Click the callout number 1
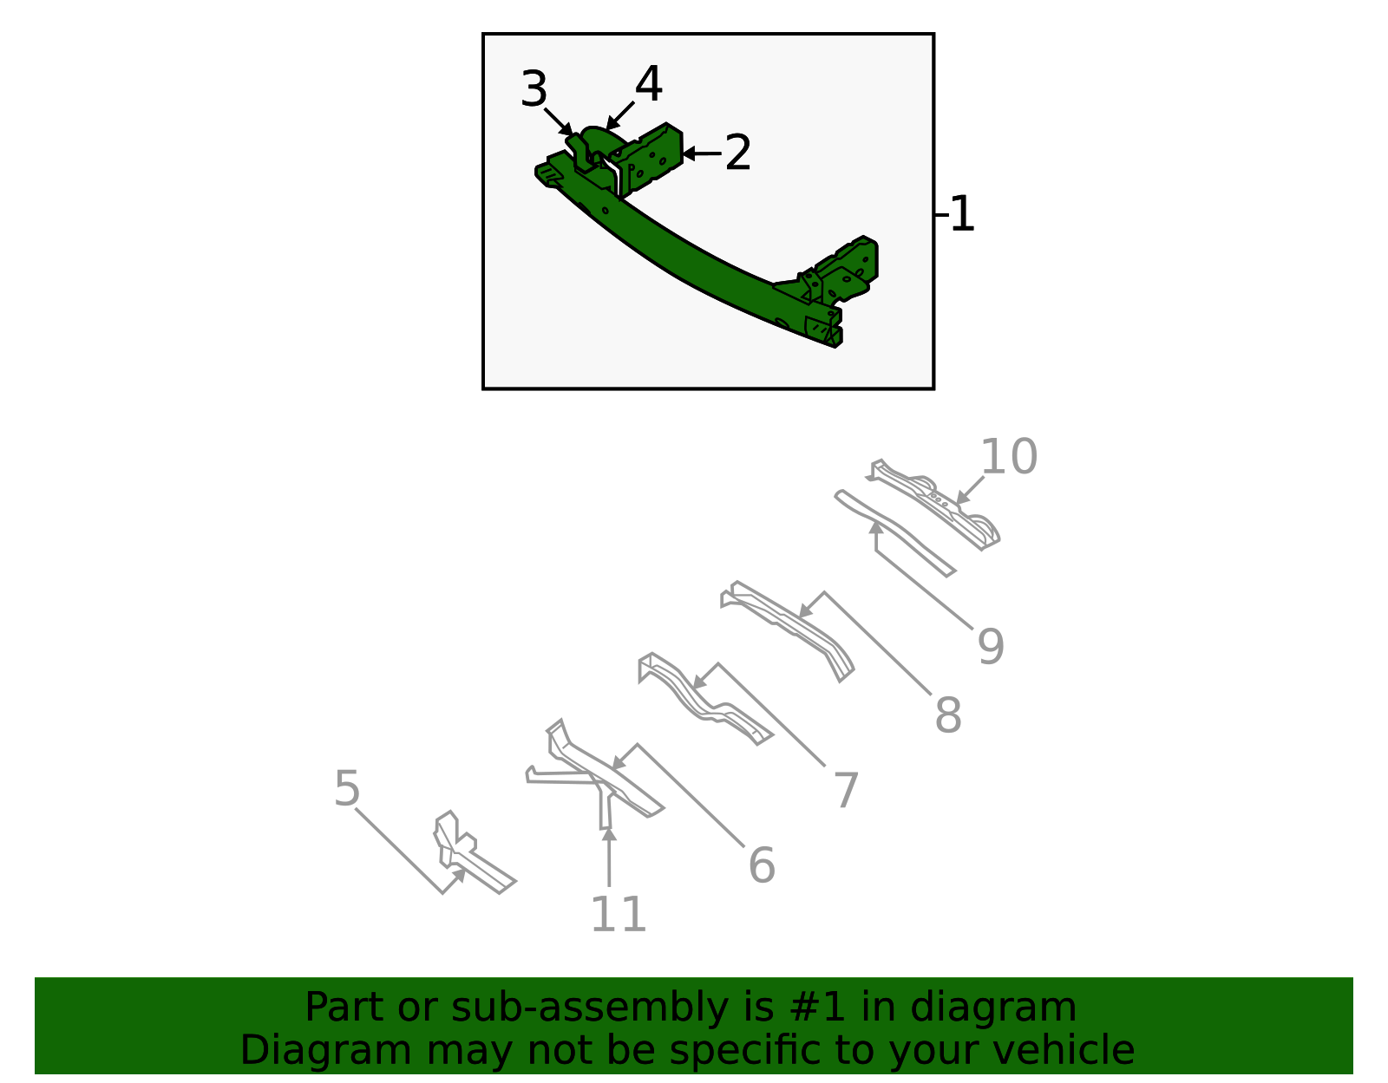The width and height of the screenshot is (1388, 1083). (x=963, y=214)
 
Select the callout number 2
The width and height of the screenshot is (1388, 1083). (x=737, y=153)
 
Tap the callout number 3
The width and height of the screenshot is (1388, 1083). (x=534, y=88)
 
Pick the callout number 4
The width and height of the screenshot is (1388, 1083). (x=648, y=83)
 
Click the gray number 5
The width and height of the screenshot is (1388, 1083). (x=347, y=789)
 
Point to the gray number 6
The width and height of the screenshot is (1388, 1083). (x=762, y=865)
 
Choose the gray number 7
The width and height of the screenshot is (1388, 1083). (x=847, y=789)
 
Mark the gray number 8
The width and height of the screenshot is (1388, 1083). (x=948, y=714)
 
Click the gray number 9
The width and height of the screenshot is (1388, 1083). (x=991, y=647)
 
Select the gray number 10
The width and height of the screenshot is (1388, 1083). (x=1009, y=456)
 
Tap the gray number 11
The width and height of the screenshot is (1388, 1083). (x=619, y=914)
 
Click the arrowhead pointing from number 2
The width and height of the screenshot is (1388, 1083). (x=689, y=153)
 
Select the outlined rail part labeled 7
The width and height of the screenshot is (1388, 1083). (x=703, y=699)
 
